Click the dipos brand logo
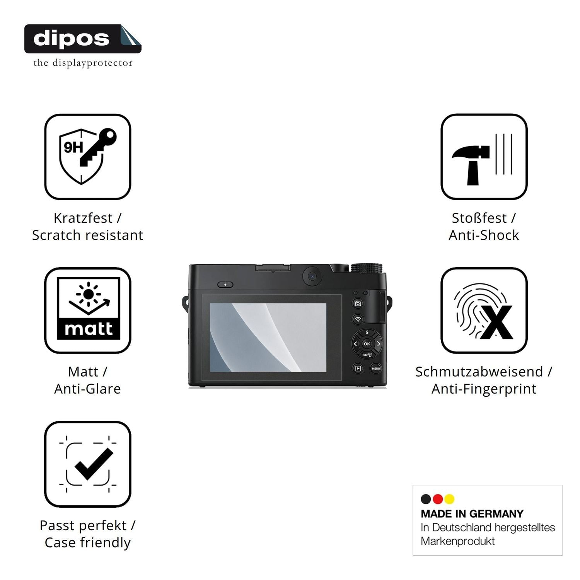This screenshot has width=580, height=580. coord(83,39)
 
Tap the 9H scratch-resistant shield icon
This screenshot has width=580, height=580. coord(88,157)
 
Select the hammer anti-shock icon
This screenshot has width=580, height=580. coord(484,157)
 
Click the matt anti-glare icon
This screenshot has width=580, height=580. coord(88,310)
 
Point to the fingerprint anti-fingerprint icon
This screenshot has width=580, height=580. coord(484,310)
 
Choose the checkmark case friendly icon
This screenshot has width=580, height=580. coord(88,464)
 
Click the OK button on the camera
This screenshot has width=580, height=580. coord(367,343)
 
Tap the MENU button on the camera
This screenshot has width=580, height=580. coord(376,368)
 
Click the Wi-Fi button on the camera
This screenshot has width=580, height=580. coord(358,319)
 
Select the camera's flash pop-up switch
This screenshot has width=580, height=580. coord(225,285)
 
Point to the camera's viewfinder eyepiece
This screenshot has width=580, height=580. coord(312,276)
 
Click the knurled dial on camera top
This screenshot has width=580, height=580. coord(367,268)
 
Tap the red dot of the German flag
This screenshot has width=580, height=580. coord(438,499)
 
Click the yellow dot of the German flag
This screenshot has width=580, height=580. coord(449,499)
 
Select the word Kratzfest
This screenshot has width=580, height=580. coord(83,218)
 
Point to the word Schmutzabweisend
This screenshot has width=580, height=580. coord(479,372)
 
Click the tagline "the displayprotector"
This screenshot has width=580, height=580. coord(83,63)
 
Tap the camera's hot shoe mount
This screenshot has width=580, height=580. coord(273,268)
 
